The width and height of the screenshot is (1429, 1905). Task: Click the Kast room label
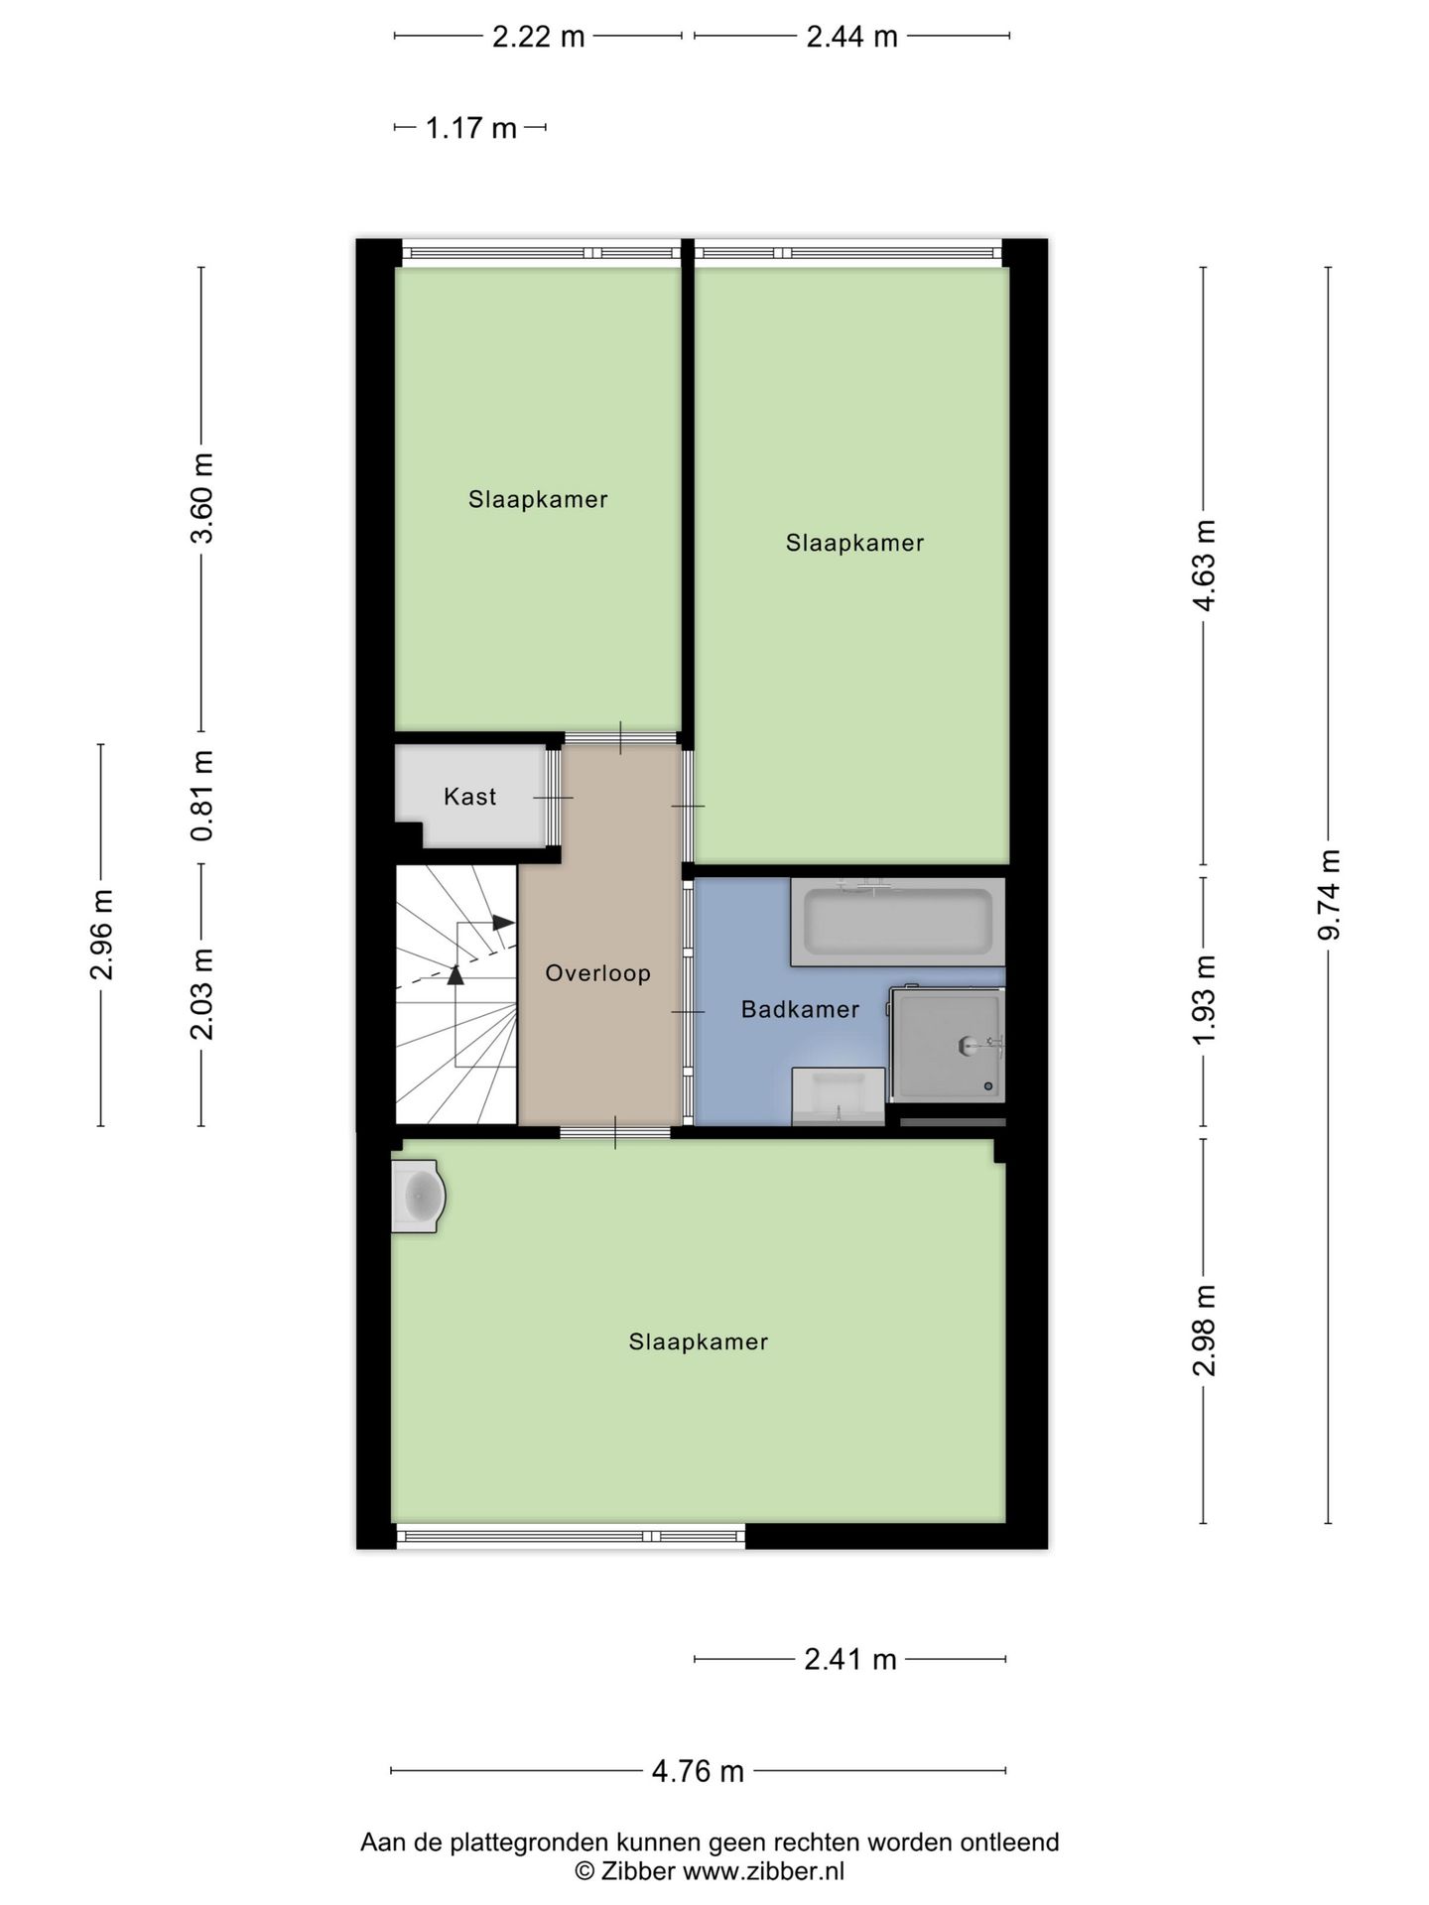(469, 797)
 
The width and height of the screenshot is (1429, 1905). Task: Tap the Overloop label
(597, 973)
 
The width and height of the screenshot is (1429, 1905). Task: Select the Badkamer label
(800, 1010)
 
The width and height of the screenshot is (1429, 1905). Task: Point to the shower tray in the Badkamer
(948, 1044)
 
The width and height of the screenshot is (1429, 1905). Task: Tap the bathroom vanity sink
(838, 1096)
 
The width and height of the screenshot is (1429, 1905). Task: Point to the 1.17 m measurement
(471, 128)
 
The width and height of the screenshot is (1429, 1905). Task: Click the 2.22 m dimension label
(539, 37)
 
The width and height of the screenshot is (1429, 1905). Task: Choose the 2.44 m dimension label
(851, 37)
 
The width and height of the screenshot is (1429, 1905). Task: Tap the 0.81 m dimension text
(201, 796)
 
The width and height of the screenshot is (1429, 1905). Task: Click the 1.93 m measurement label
(1204, 1000)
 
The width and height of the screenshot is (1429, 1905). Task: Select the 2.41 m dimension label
(850, 1659)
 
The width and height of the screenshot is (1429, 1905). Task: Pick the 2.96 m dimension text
(101, 935)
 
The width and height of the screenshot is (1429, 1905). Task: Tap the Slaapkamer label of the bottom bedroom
(699, 1342)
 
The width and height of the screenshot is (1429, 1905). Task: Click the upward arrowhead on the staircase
(455, 974)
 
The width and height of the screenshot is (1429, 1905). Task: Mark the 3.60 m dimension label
(201, 498)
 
